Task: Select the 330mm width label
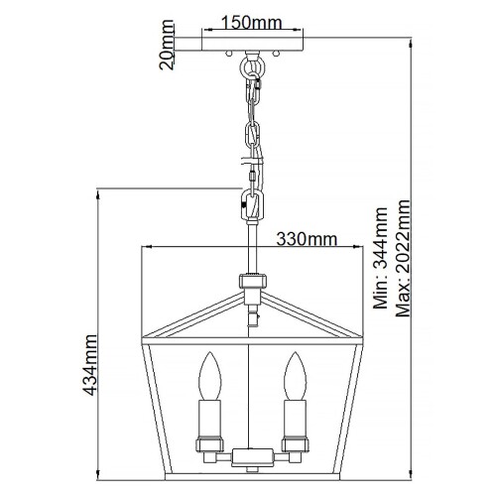pyautogui.click(x=304, y=239)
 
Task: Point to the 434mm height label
pyautogui.click(x=90, y=364)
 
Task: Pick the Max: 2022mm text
pyautogui.click(x=402, y=252)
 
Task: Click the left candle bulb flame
pyautogui.click(x=209, y=377)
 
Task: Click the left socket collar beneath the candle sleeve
pyautogui.click(x=209, y=445)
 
